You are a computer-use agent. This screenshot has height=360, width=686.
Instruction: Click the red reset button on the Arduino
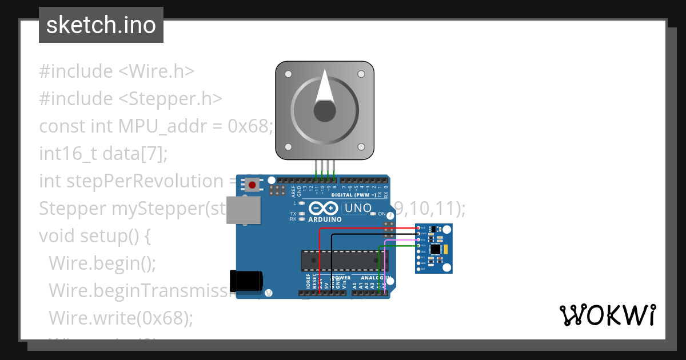tap(252, 185)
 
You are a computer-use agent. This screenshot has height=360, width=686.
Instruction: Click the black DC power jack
tap(246, 280)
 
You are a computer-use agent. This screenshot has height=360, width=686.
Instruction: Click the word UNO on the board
tap(358, 208)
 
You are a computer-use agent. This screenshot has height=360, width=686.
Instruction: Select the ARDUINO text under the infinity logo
tap(325, 219)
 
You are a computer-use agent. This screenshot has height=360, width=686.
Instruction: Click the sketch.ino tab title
tap(101, 25)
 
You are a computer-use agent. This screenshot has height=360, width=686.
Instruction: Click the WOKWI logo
tap(607, 315)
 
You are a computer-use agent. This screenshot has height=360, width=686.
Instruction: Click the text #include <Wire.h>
tap(117, 71)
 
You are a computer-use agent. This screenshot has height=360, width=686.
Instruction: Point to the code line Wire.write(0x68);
tap(121, 317)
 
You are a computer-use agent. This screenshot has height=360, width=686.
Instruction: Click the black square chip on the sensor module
tap(436, 249)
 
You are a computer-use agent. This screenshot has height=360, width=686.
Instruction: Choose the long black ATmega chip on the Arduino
tap(343, 260)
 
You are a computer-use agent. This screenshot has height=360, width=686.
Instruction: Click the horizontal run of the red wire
tap(366, 228)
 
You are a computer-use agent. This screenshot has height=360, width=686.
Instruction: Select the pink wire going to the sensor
tap(400, 241)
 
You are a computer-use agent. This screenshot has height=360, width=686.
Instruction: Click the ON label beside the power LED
tap(382, 214)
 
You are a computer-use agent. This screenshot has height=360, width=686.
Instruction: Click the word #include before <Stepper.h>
tap(76, 99)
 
